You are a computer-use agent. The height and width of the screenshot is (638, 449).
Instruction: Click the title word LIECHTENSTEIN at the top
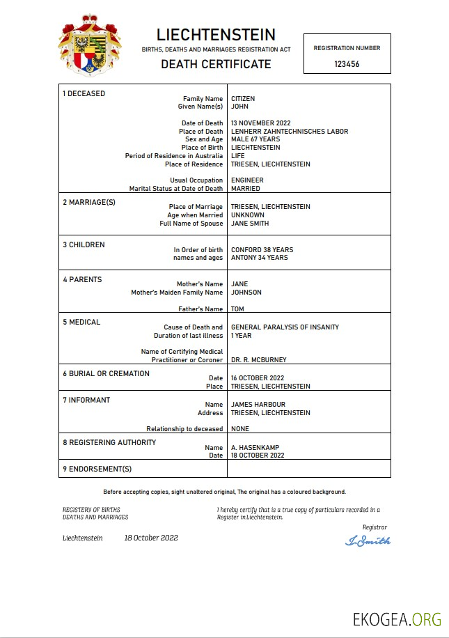pos(216,35)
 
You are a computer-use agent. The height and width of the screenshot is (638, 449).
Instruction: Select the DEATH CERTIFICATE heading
pos(216,64)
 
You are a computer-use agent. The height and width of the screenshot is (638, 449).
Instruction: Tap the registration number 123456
pos(347,63)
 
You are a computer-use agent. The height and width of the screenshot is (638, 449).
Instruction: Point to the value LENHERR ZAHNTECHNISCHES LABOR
pos(290,132)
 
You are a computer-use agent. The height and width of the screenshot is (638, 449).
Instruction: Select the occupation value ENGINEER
pos(247,180)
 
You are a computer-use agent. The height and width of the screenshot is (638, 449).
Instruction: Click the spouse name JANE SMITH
pos(250,224)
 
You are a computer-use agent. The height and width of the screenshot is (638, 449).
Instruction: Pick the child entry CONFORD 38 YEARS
pos(262,249)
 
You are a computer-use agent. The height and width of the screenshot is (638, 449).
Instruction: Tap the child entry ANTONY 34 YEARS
pos(260,258)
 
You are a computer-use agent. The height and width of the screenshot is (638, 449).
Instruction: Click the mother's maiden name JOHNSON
pos(246,293)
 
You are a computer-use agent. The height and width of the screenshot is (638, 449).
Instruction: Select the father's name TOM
pos(237,309)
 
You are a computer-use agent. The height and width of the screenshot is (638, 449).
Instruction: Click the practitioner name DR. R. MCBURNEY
pos(258,360)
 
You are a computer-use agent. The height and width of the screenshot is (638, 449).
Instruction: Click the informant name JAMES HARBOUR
pos(258,405)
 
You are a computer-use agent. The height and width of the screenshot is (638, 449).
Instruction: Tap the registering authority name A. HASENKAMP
pos(255,448)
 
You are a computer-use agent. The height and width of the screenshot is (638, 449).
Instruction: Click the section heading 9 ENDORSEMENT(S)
pos(97,469)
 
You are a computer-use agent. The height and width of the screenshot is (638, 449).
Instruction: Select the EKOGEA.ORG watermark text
pos(397,619)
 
